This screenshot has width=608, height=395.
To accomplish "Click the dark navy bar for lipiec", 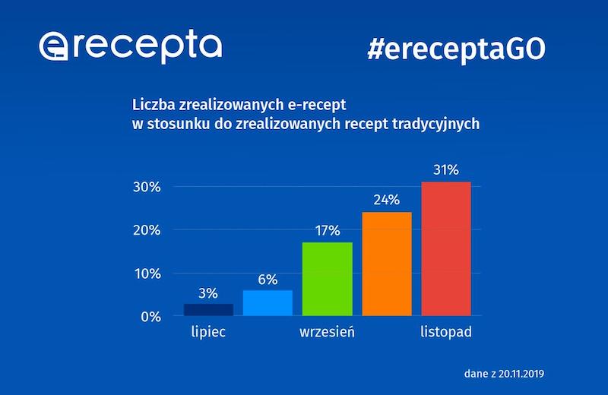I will (209, 309).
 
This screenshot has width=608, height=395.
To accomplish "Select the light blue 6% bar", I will (268, 302).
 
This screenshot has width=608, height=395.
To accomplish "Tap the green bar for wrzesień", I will (327, 279).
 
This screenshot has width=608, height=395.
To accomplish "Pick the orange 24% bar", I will (387, 264).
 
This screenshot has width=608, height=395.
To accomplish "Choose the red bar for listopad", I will (446, 248).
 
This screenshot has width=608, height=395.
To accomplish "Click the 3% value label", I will (209, 293).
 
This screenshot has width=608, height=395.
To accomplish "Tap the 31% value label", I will (446, 171).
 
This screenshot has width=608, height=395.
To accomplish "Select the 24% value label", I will (387, 201).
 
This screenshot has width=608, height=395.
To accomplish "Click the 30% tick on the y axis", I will (165, 187).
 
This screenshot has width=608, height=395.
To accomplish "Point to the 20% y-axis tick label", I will (165, 230).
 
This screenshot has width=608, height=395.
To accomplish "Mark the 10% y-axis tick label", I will (165, 273).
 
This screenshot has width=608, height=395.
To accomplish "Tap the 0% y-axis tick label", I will (169, 317).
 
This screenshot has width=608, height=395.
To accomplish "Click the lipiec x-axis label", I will (208, 333).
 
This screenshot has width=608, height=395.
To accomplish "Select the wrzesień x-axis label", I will (327, 333).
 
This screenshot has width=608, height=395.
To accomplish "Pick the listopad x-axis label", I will (446, 333).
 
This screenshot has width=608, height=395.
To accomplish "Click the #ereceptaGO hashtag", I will (456, 49).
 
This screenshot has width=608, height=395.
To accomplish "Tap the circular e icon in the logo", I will (55, 48).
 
